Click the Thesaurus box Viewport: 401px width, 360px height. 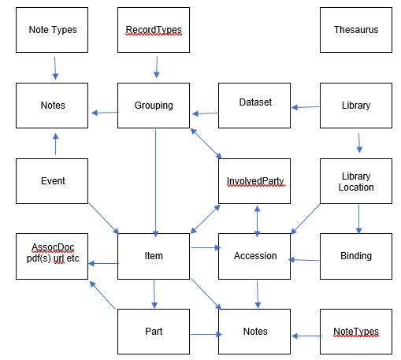(356, 30)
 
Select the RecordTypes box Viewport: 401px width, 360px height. (154, 30)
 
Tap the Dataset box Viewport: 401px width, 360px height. (254, 106)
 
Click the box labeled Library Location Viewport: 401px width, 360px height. (356, 181)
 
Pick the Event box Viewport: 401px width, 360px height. (52, 181)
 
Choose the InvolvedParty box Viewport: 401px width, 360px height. (254, 181)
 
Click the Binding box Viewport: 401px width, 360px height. (356, 256)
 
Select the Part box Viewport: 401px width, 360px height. (154, 332)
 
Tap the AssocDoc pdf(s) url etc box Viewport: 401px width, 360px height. (52, 256)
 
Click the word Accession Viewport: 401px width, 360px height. (255, 256)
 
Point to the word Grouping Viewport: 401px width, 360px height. (154, 106)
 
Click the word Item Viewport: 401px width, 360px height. (154, 256)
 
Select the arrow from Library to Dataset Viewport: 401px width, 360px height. (306, 107)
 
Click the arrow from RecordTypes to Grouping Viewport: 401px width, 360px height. (157, 67)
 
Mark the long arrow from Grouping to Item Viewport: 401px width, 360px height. (156, 183)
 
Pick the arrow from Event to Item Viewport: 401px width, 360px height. (104, 218)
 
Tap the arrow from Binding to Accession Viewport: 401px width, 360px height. (304, 260)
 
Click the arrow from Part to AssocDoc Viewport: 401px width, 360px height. (102, 295)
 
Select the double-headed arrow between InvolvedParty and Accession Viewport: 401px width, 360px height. (257, 221)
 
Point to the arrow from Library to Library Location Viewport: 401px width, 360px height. (359, 143)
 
